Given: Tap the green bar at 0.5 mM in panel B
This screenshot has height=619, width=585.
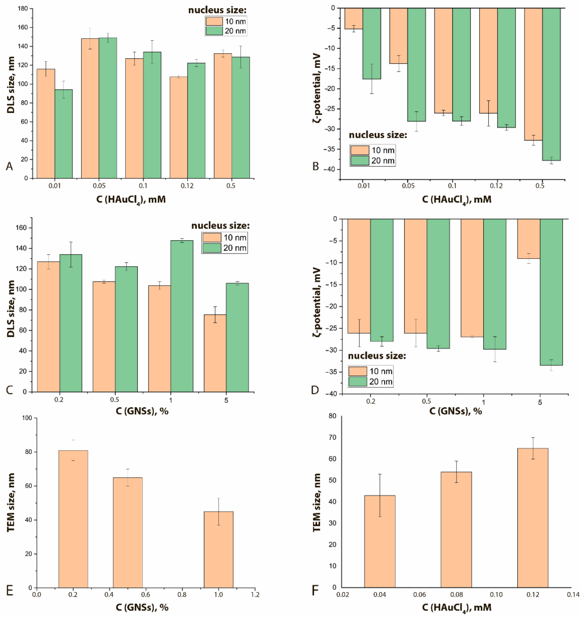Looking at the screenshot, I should pyautogui.click(x=551, y=84).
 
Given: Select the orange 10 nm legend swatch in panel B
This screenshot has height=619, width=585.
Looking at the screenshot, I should pyautogui.click(x=359, y=150).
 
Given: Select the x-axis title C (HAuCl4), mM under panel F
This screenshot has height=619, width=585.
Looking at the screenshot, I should pyautogui.click(x=457, y=607).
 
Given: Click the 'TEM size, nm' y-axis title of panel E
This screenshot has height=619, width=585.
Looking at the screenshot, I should pyautogui.click(x=11, y=503).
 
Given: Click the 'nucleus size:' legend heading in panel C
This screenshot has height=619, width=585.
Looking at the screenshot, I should pyautogui.click(x=220, y=226).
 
